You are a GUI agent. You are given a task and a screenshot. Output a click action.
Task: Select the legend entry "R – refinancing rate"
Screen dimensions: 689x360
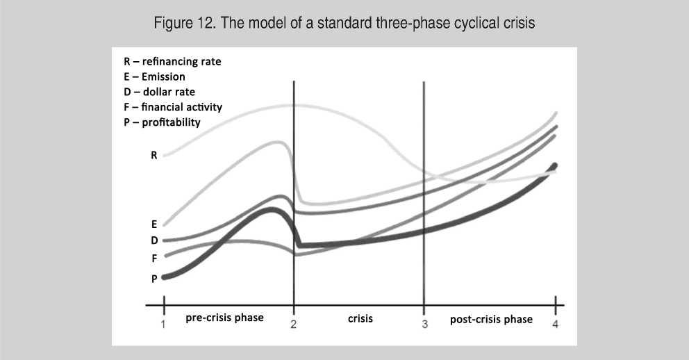(172, 62)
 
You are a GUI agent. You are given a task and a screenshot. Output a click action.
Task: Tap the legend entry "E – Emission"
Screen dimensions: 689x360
(154, 76)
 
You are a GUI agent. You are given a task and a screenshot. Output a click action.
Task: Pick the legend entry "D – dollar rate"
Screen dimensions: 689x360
(159, 92)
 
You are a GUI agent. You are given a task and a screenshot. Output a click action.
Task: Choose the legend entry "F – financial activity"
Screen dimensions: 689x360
(173, 107)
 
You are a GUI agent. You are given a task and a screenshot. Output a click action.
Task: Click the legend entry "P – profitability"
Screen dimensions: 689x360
(162, 122)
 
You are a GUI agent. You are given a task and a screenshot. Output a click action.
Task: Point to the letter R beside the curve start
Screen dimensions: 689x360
(153, 155)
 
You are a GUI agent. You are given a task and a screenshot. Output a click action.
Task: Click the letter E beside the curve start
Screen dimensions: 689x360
(153, 224)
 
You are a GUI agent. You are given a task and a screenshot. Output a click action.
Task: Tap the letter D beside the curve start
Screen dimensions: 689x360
(153, 240)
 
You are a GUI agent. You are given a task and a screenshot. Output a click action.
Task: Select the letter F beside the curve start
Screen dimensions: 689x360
(154, 259)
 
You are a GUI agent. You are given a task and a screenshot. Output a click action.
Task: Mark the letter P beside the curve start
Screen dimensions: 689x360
(153, 279)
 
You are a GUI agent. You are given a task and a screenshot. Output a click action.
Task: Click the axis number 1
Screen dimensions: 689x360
(163, 325)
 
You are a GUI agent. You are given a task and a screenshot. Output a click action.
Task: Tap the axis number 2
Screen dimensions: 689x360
(294, 325)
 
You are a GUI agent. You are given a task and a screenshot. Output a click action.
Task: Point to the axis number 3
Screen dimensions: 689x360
(424, 325)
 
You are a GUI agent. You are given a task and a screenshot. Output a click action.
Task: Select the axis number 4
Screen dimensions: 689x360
(556, 325)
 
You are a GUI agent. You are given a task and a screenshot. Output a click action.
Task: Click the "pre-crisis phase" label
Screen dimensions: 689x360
(224, 318)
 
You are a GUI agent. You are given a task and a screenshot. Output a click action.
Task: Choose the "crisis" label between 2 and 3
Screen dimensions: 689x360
(360, 319)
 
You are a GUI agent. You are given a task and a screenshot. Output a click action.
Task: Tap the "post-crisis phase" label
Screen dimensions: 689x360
(491, 320)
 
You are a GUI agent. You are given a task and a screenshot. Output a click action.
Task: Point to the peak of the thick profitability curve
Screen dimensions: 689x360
(272, 210)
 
